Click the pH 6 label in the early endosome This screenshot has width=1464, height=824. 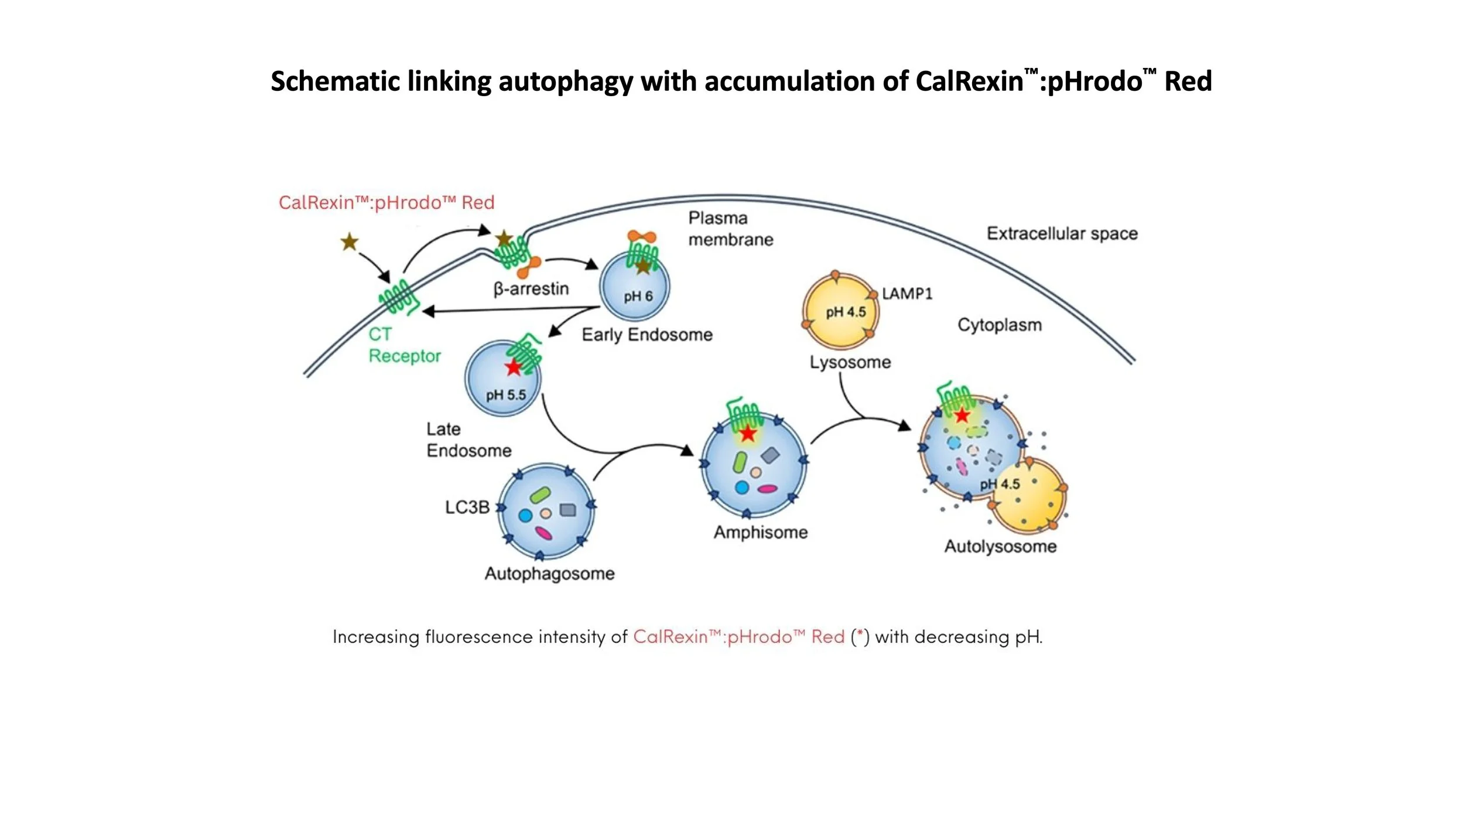tap(638, 297)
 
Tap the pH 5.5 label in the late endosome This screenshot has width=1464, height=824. tap(506, 395)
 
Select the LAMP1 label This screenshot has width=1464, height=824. tap(907, 294)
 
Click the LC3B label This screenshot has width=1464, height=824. tap(467, 507)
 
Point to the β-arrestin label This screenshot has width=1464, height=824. tap(531, 289)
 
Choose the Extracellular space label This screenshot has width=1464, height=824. tap(1062, 234)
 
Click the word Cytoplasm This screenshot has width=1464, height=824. tap(1000, 325)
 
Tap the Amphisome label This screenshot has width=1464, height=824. tap(761, 532)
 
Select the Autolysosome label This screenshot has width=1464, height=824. tap(1000, 546)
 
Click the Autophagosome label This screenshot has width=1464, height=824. tap(549, 573)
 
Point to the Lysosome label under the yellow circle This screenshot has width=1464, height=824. tap(850, 362)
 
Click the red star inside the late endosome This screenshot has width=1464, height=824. tap(514, 367)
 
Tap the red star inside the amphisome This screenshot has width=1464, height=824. tap(748, 434)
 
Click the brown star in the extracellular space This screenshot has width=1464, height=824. tap(350, 241)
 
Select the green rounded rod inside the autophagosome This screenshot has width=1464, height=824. tap(540, 495)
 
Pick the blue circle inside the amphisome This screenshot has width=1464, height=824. tap(742, 487)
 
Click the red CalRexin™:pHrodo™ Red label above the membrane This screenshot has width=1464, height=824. tap(386, 203)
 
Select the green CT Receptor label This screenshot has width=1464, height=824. tap(404, 345)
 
